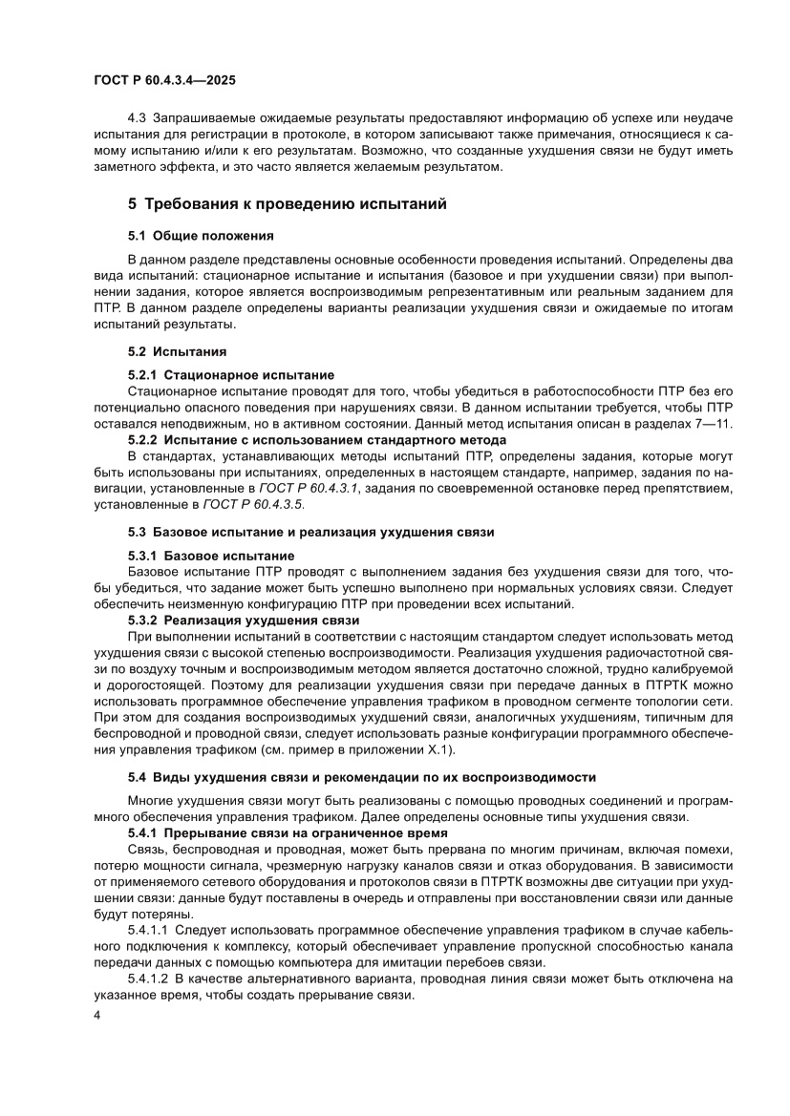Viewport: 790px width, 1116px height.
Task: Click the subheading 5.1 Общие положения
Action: (201, 235)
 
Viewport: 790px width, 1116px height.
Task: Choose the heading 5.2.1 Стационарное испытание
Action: (231, 374)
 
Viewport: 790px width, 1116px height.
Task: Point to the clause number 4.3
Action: (137, 117)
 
